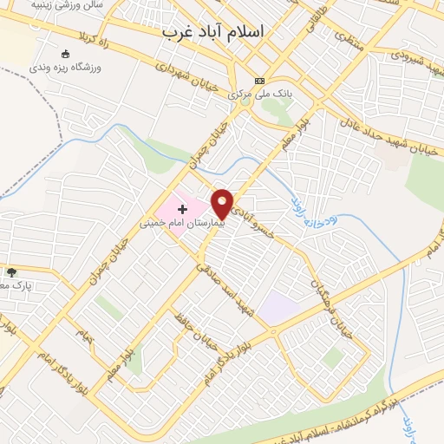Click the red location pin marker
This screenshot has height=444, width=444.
point(223,204)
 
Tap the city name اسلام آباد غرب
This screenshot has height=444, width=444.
point(214,31)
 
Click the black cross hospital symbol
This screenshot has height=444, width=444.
point(182,209)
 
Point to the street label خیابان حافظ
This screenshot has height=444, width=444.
point(198,330)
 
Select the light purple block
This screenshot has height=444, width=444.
point(279,309)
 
